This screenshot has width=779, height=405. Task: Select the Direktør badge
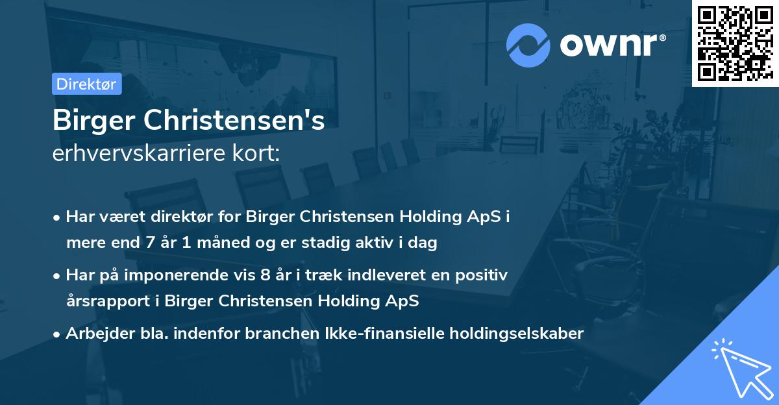pos(86,84)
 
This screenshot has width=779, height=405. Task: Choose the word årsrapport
pos(105,301)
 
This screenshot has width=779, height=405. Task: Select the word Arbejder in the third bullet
pos(95,334)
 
